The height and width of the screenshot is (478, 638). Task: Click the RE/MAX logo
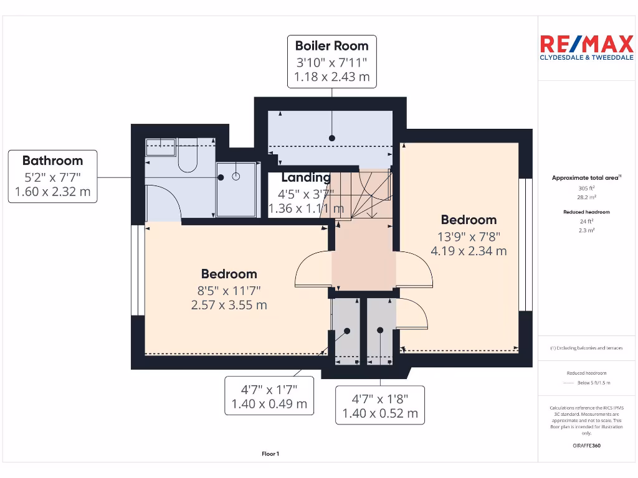586,47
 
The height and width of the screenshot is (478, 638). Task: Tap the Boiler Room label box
331,61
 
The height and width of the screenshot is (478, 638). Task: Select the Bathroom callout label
53,176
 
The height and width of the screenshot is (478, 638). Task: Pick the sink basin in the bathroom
160,148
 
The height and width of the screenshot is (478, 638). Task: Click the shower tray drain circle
236,177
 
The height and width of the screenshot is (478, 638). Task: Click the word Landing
305,178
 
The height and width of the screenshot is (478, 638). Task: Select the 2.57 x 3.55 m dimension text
229,305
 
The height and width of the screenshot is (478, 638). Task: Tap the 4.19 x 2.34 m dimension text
469,251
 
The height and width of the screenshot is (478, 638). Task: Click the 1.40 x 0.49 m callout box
269,396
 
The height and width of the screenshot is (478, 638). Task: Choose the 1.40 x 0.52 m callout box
380,405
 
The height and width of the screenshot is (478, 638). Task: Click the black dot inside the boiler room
332,138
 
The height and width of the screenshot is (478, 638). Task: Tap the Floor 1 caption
270,454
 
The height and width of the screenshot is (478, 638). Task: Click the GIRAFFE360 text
586,446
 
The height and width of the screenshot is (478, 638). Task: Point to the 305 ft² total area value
586,188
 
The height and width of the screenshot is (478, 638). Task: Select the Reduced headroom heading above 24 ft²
586,212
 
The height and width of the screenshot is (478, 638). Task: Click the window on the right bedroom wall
526,245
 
